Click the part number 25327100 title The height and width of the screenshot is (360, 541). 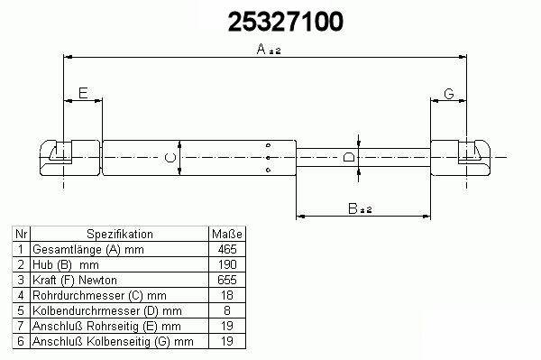(x=285, y=22)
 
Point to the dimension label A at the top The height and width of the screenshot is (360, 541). (x=261, y=49)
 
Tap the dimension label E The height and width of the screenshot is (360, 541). (x=83, y=93)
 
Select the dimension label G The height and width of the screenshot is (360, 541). (x=448, y=94)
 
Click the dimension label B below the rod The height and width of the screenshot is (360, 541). (x=353, y=208)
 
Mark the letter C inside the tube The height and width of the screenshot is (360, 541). (x=170, y=158)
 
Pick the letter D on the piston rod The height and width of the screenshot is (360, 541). (x=349, y=157)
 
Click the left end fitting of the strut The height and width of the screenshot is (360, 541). (x=70, y=157)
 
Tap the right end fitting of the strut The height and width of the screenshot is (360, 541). (x=460, y=157)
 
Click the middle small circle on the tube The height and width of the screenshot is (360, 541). (x=269, y=158)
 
